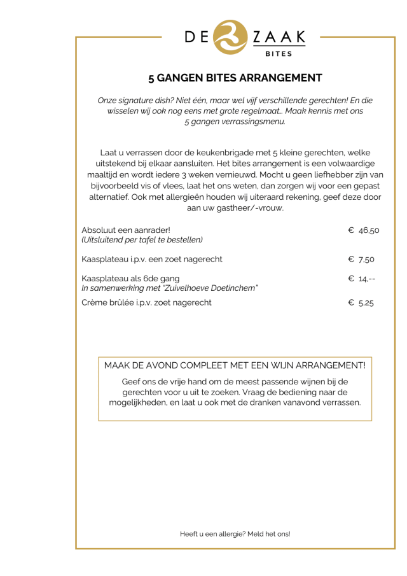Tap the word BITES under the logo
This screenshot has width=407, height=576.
click(x=279, y=54)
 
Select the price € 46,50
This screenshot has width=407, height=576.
click(x=364, y=230)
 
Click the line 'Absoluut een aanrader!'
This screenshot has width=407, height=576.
click(x=126, y=230)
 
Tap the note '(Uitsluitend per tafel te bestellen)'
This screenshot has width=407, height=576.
click(x=142, y=240)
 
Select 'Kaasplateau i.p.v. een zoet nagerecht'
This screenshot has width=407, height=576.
click(x=152, y=259)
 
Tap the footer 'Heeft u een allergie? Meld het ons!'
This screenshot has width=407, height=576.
click(x=235, y=533)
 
